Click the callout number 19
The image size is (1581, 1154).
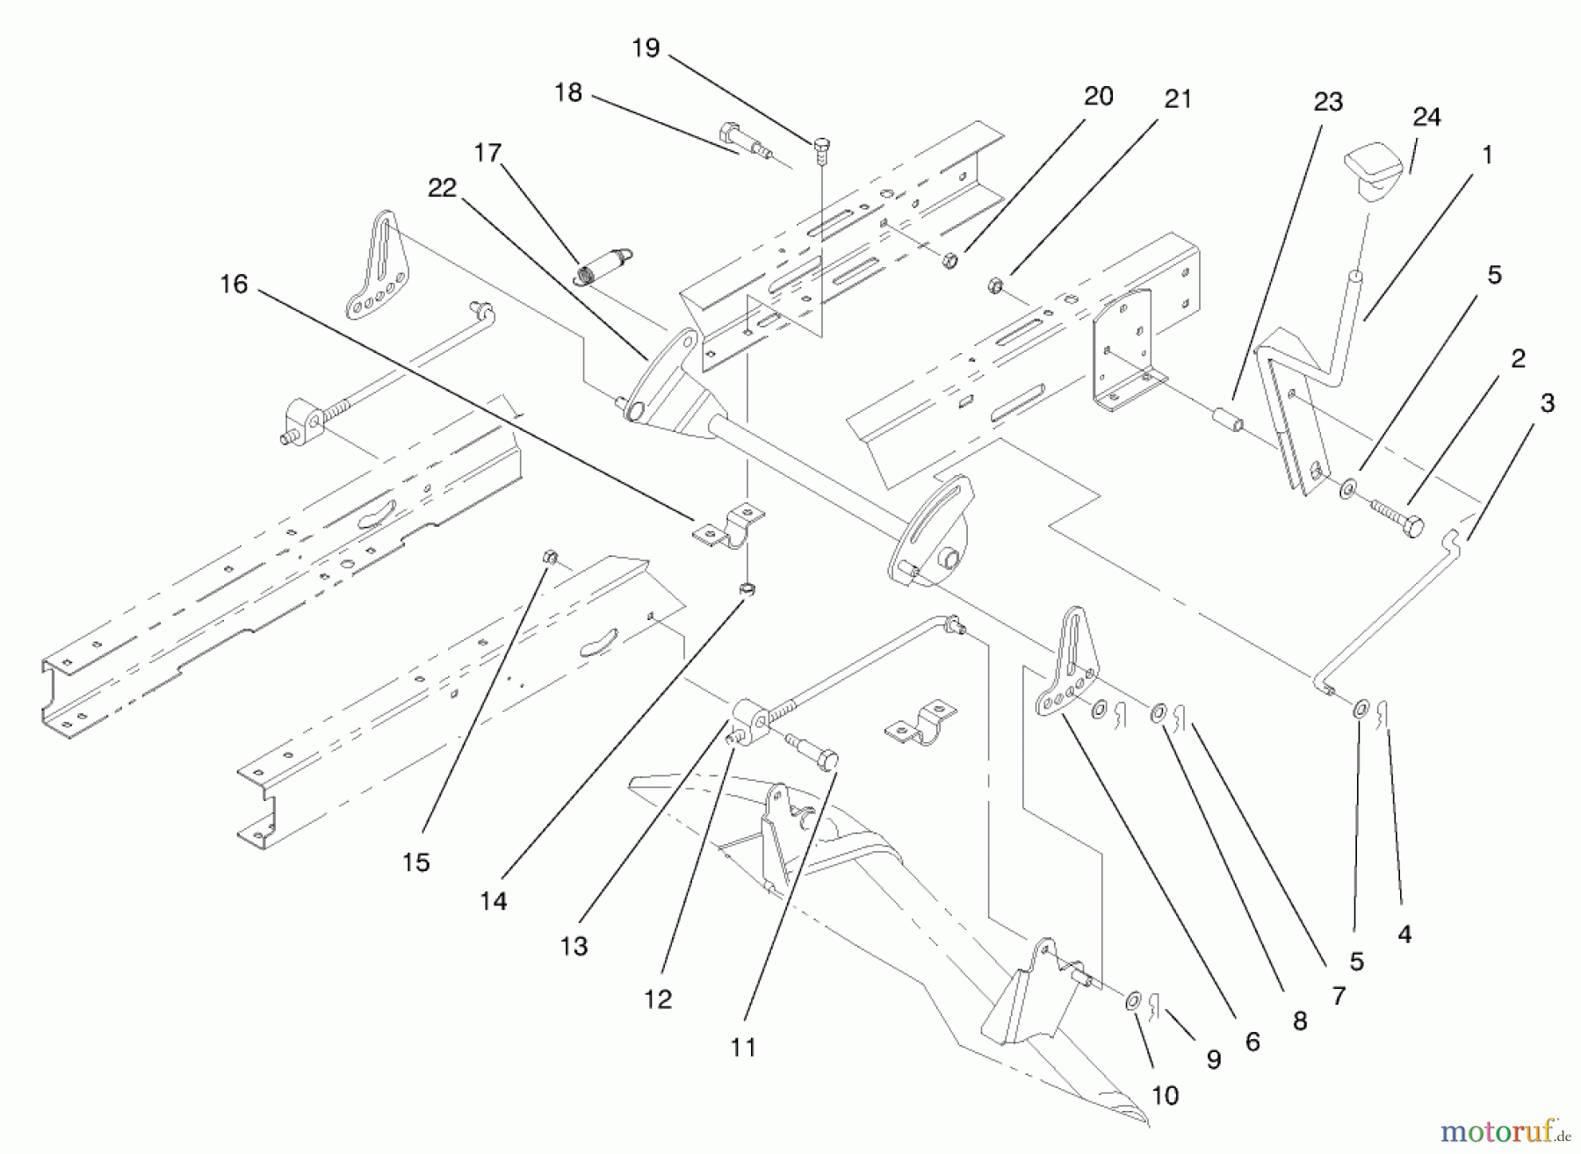pos(646,47)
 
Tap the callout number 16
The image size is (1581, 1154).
pos(234,284)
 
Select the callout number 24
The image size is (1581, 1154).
pos(1426,117)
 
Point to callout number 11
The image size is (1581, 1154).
pos(743,1047)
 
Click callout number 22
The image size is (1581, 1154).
pos(443,187)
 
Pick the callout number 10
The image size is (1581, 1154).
pos(1165,1095)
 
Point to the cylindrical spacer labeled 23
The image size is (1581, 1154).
pos(1228,419)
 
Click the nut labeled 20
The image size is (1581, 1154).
pos(949,259)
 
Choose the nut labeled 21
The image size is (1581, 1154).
pos(995,285)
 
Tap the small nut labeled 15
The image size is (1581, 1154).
pos(550,557)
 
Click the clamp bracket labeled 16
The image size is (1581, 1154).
pos(728,526)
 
